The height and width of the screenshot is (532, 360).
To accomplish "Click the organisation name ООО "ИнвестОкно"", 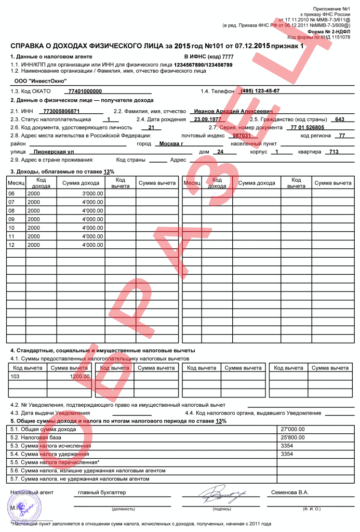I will pyautogui.click(x=36, y=81).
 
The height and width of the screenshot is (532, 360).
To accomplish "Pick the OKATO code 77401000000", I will pyautogui.click(x=85, y=91).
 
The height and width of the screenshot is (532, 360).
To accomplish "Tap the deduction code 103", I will pyautogui.click(x=16, y=376).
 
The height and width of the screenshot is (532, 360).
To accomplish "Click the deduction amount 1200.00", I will pyautogui.click(x=80, y=376).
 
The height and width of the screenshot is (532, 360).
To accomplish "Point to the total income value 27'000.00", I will pyautogui.click(x=293, y=429).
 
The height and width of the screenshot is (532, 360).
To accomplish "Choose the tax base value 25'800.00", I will pyautogui.click(x=293, y=437).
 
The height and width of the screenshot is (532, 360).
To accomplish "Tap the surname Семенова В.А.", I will pyautogui.click(x=289, y=492).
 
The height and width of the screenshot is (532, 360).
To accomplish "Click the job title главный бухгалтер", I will pyautogui.click(x=101, y=492).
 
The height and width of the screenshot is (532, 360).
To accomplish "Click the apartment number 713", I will pyautogui.click(x=334, y=152).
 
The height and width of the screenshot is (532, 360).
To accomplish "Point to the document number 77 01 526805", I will pyautogui.click(x=308, y=127).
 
